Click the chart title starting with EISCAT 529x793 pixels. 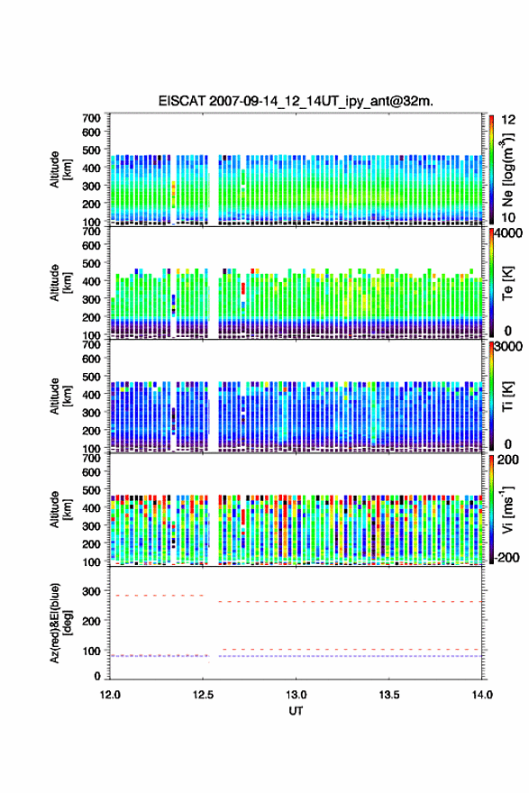coord(296,101)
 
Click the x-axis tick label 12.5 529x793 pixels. coord(203,695)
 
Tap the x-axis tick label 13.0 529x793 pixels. coord(296,695)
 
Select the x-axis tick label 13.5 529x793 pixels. coord(389,695)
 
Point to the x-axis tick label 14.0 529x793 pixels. coord(482,695)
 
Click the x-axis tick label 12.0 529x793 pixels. coord(110,695)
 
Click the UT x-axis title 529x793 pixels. coord(296,711)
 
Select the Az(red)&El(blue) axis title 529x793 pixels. coord(60,623)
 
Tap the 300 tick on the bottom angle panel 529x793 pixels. coord(92,591)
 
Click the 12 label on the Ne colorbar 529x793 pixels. coord(508,120)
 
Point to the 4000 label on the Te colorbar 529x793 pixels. coord(508,233)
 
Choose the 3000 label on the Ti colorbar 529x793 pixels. coord(508,346)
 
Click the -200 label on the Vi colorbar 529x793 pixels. coord(506,557)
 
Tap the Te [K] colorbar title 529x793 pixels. coord(507,283)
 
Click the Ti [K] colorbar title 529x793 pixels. coord(507,396)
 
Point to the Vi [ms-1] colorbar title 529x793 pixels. coord(507,509)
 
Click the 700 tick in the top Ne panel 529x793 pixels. coord(92,118)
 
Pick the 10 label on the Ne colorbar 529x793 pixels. coord(508,217)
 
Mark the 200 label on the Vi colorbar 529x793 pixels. coord(507,460)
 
